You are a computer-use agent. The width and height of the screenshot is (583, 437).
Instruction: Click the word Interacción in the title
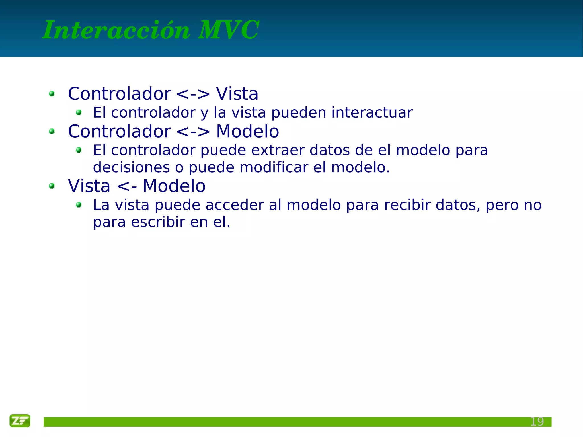(116, 30)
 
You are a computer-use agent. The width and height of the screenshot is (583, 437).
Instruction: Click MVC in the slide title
(229, 30)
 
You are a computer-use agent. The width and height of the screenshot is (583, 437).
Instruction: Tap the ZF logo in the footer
(20, 420)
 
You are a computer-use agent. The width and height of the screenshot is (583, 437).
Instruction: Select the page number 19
(537, 422)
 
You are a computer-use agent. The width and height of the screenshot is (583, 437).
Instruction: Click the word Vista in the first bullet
(237, 94)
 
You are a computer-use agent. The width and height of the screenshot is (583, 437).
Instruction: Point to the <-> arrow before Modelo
(193, 132)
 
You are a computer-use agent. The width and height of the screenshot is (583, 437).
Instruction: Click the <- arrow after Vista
(127, 186)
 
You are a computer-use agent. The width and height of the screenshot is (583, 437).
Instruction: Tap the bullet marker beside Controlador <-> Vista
(52, 94)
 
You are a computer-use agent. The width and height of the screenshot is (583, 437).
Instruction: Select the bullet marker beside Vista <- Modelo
(52, 186)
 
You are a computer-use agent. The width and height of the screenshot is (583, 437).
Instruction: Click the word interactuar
(372, 113)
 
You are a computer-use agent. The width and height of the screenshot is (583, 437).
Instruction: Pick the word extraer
(278, 150)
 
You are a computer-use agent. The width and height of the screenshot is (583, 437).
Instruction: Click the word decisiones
(131, 167)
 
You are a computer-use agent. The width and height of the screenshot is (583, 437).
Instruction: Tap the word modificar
(274, 167)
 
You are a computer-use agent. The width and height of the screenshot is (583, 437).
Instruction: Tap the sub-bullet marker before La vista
(79, 205)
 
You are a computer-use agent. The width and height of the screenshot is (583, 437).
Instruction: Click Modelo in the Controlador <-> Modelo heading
(247, 132)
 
